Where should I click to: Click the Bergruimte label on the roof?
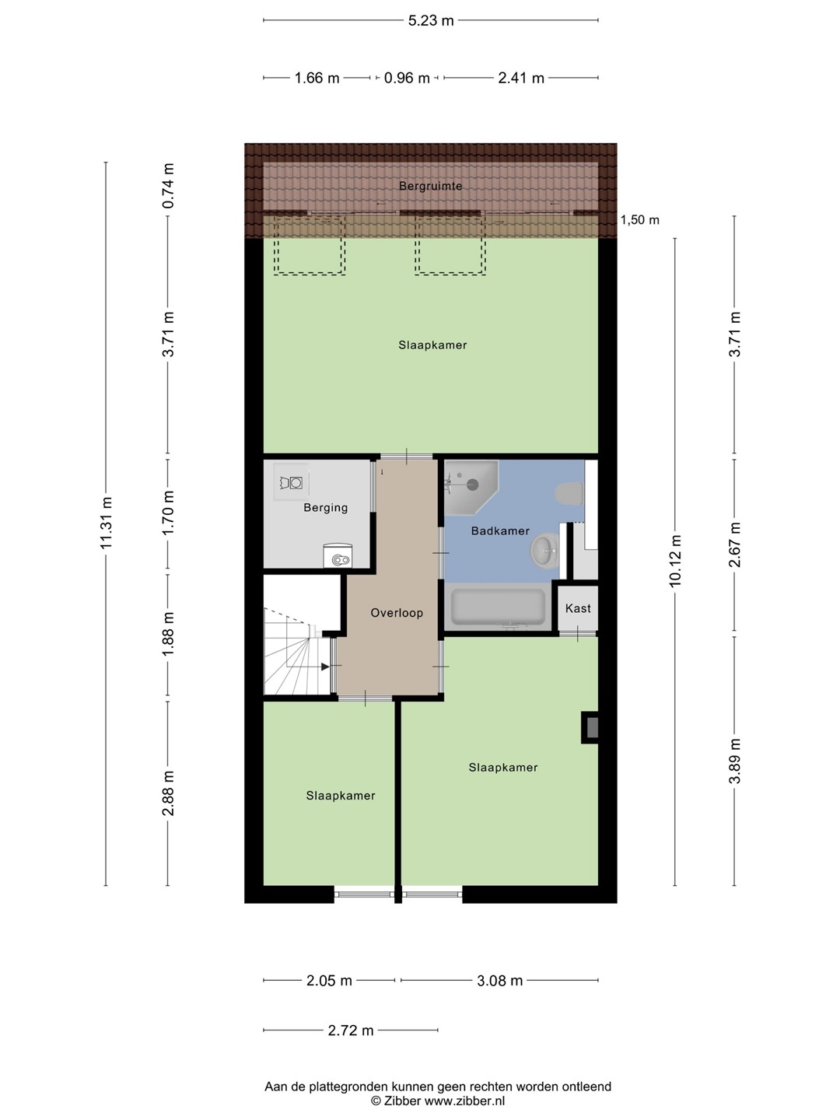430,186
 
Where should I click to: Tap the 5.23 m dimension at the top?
430,21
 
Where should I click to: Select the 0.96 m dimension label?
407,78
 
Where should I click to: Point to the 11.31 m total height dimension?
106,523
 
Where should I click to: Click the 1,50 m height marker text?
639,220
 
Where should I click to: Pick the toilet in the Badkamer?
569,494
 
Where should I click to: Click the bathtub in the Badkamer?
498,607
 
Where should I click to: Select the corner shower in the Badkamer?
471,488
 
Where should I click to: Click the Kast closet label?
578,608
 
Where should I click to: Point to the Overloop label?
397,613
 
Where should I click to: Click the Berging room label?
325,508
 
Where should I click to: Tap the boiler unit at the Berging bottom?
338,556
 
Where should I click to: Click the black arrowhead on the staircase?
325,667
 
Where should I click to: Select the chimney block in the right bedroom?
590,727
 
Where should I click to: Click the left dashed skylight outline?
309,246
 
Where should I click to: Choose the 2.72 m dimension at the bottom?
351,1031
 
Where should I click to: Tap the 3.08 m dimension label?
500,980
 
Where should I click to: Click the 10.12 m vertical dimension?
675,562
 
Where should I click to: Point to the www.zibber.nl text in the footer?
464,1101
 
